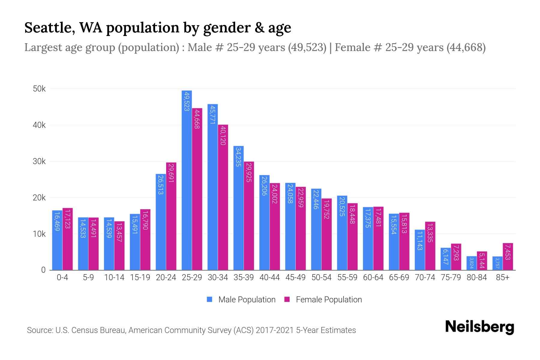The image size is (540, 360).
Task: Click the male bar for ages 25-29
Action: click(x=187, y=180)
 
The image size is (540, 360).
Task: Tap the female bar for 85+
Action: click(x=508, y=256)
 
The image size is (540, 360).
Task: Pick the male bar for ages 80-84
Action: click(x=472, y=263)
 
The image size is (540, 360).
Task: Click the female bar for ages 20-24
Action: click(x=171, y=216)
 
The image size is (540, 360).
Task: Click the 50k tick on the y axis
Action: click(x=39, y=89)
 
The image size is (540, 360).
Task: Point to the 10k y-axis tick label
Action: click(x=39, y=234)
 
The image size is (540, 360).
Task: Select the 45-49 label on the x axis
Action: click(x=295, y=277)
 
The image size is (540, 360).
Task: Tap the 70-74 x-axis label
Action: click(x=425, y=277)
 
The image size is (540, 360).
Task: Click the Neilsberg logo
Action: click(x=479, y=327)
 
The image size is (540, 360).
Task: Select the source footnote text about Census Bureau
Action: click(x=191, y=330)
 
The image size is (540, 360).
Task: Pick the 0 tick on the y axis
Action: click(x=43, y=270)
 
